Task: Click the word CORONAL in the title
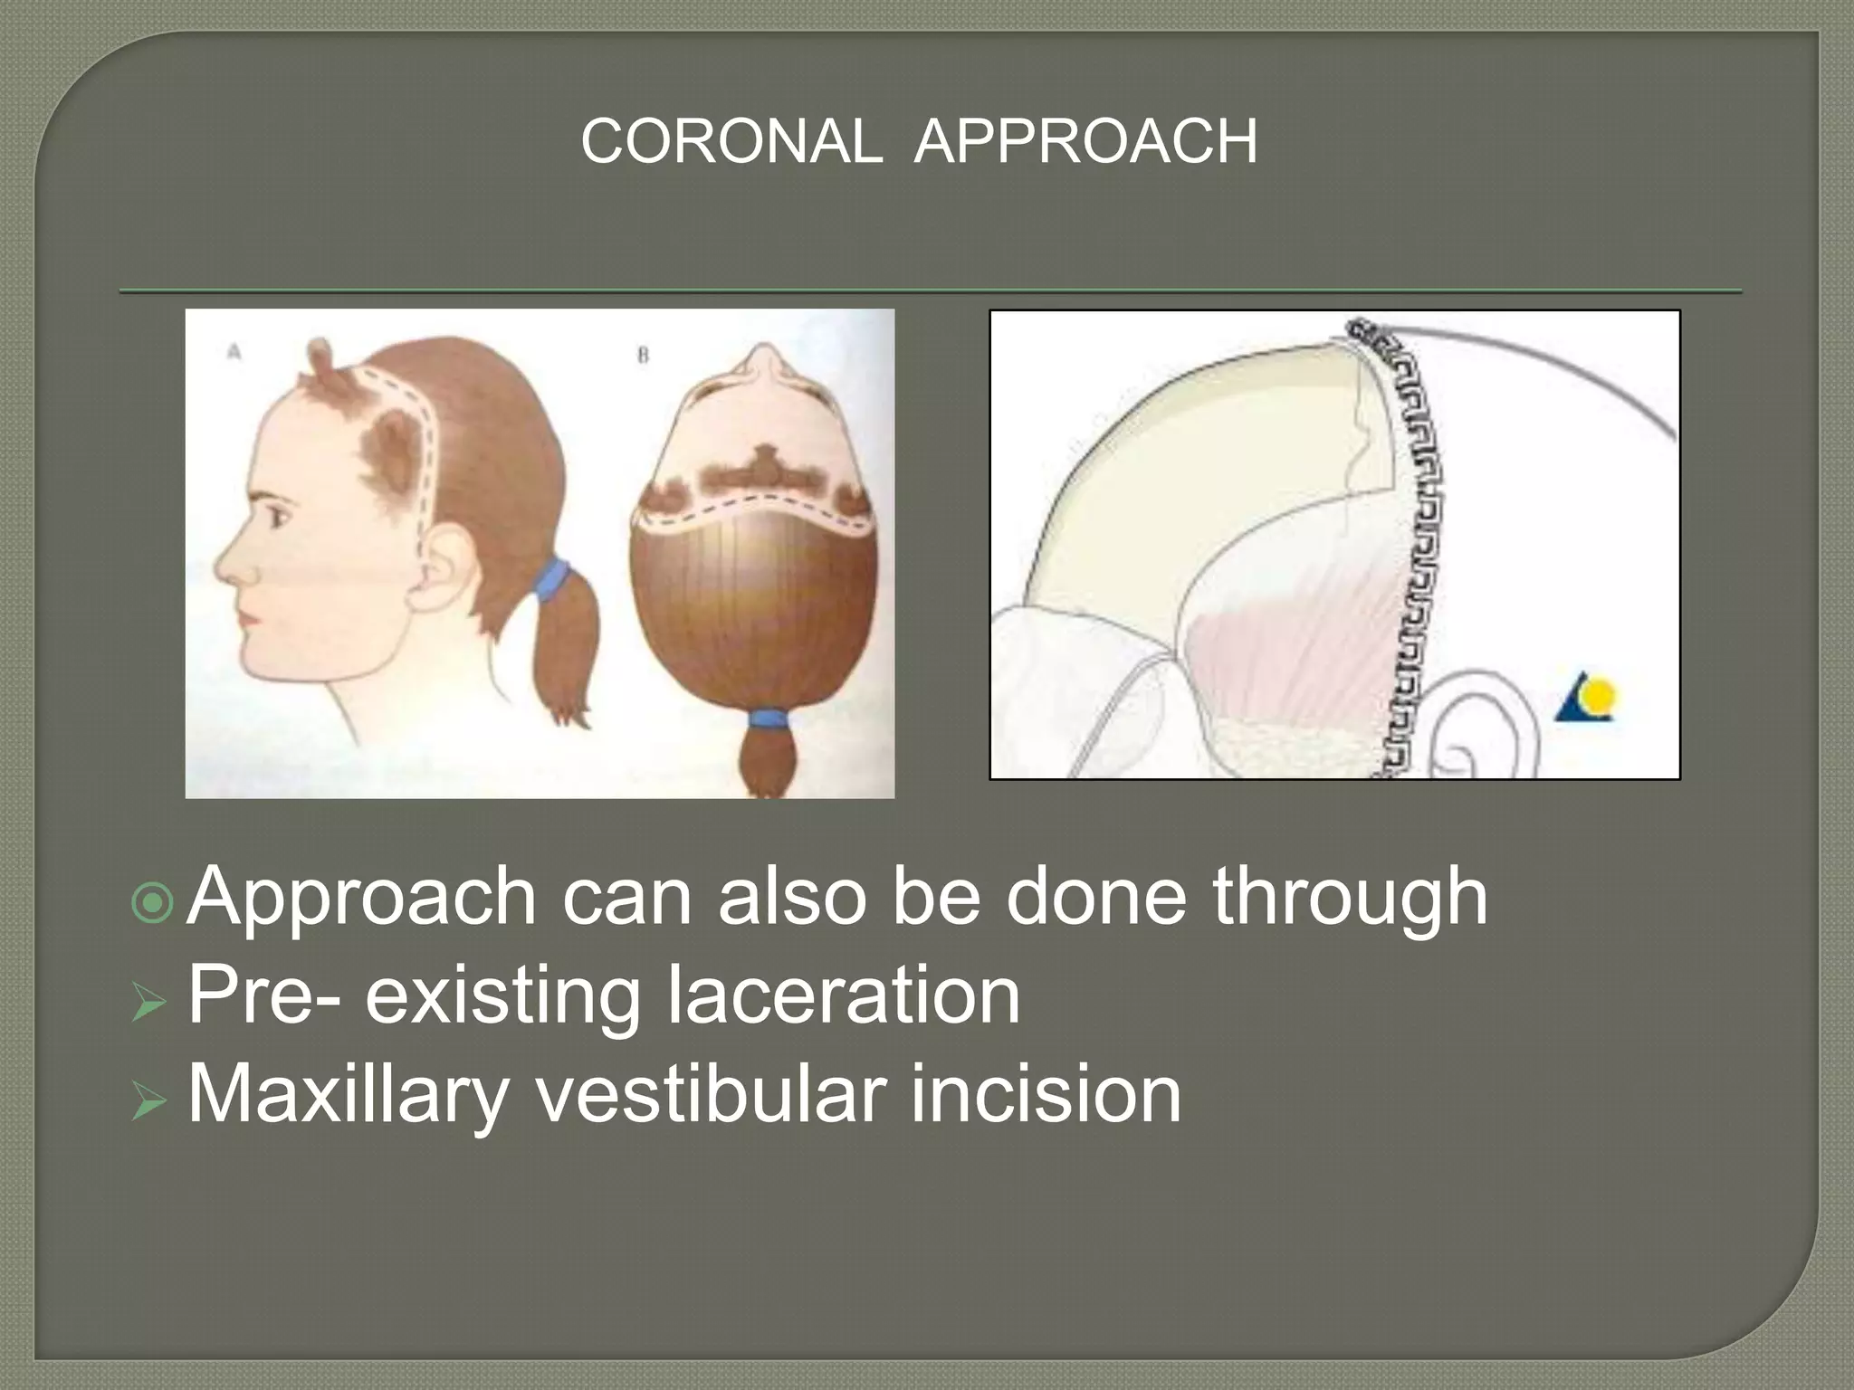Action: coord(731,142)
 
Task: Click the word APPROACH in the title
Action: coord(1085,142)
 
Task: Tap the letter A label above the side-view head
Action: coord(234,352)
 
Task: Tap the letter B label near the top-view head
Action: coord(642,356)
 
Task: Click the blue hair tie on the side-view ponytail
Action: coord(550,581)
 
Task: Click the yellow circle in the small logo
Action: coord(1601,697)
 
